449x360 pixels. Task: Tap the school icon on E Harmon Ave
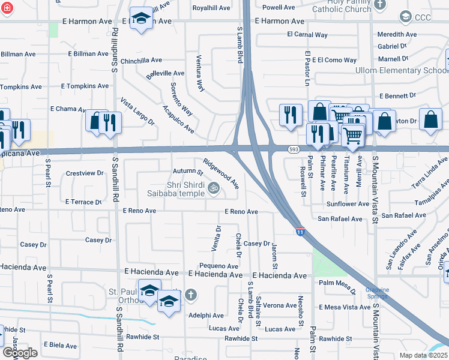coord(142,19)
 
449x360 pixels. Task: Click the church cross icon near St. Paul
coord(190,295)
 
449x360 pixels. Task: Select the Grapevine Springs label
coord(378,293)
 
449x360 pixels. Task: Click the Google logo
coord(20,353)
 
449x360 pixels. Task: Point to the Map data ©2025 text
coord(423,355)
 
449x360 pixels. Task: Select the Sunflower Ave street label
coord(348,204)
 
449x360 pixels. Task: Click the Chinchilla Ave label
coord(141,60)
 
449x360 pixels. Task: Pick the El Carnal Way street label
coord(307,35)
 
